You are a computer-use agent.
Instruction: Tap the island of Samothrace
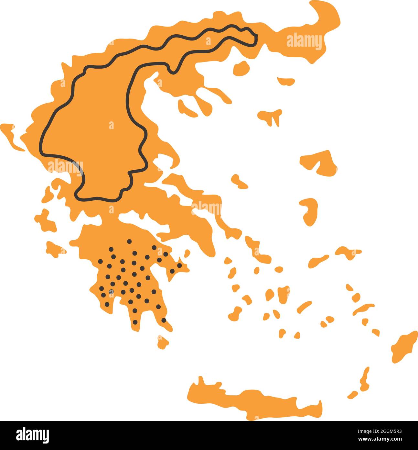pyautogui.click(x=286, y=81)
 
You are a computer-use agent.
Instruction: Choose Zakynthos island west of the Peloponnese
pyautogui.click(x=54, y=249)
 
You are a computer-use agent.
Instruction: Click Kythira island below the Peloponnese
pyautogui.click(x=163, y=341)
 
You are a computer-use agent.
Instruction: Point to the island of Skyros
pyautogui.click(x=239, y=181)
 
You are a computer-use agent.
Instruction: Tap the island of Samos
pyautogui.click(x=348, y=252)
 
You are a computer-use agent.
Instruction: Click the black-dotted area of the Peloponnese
pyautogui.click(x=133, y=278)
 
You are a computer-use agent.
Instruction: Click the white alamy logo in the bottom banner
pyautogui.click(x=32, y=434)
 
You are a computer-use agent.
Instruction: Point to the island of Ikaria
pyautogui.click(x=318, y=261)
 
